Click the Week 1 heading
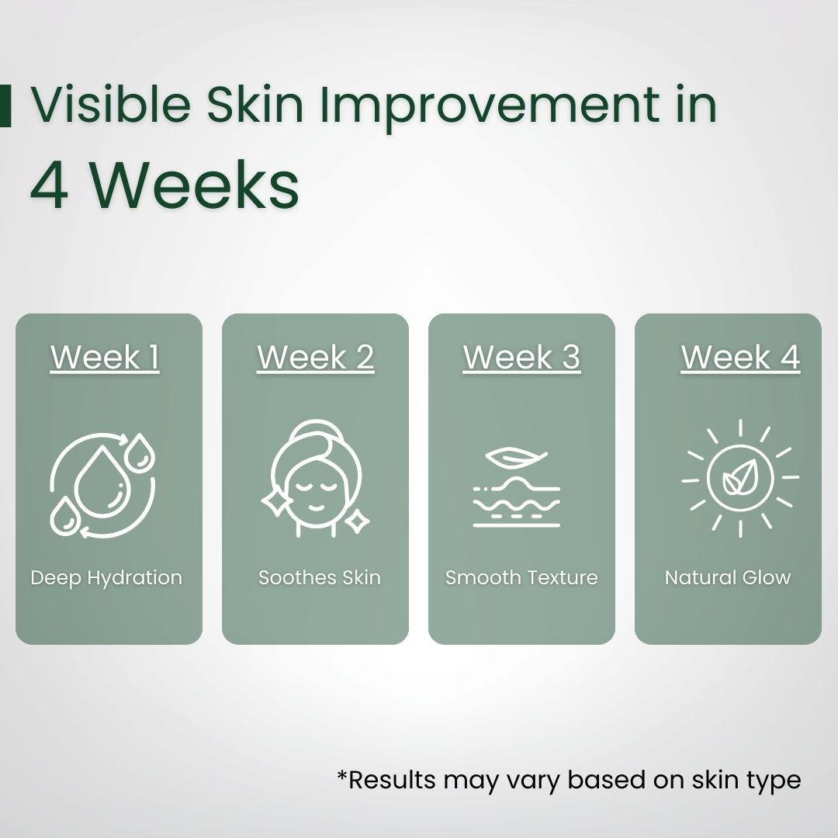tap(105, 358)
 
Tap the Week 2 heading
tap(315, 358)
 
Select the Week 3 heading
tap(521, 358)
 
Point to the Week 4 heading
tap(740, 358)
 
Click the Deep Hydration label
tap(106, 578)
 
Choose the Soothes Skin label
tap(320, 578)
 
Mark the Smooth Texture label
tap(521, 578)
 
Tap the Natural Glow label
tap(728, 578)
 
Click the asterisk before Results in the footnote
tap(342, 776)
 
